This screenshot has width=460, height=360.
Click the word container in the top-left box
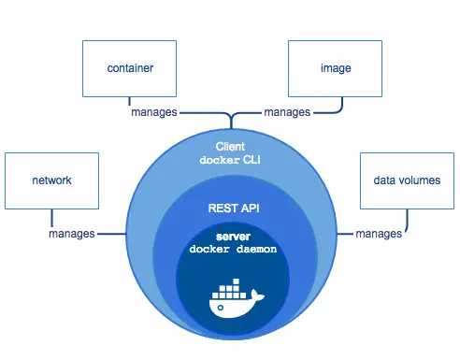click(130, 68)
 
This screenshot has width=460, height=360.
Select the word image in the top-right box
click(332, 68)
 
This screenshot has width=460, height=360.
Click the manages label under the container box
click(152, 112)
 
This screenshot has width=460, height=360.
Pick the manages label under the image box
click(288, 112)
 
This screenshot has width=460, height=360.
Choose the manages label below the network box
click(72, 233)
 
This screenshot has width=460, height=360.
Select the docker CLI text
click(230, 160)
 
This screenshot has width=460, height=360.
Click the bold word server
click(229, 238)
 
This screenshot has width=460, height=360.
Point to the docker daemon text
click(229, 251)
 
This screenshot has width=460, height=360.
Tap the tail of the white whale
click(259, 297)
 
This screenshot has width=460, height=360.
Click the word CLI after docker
click(251, 160)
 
